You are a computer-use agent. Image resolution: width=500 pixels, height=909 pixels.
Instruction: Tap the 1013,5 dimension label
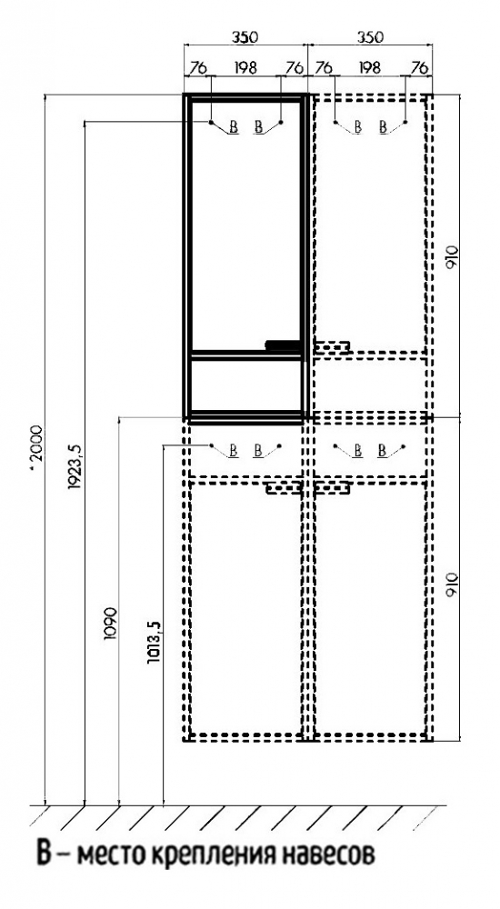[x=155, y=642]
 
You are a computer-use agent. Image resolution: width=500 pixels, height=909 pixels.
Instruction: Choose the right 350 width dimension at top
[x=370, y=37]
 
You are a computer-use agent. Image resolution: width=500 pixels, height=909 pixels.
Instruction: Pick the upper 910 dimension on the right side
[x=452, y=255]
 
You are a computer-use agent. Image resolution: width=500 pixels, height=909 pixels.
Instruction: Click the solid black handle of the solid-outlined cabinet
[x=284, y=345]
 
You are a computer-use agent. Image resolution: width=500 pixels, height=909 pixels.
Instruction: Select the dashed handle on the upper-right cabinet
[x=333, y=346]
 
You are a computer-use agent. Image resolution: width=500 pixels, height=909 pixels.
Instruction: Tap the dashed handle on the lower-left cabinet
[x=284, y=489]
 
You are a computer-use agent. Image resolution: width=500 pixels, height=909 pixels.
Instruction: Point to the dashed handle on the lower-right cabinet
[x=333, y=489]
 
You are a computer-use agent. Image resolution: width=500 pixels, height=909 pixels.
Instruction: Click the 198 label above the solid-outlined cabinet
[x=246, y=68]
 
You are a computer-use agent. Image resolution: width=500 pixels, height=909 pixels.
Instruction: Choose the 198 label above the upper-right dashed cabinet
[x=369, y=68]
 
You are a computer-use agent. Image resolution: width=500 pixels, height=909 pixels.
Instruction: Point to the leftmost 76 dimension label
[x=198, y=68]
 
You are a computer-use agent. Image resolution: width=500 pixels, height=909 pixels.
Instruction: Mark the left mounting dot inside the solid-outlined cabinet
[x=211, y=122]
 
